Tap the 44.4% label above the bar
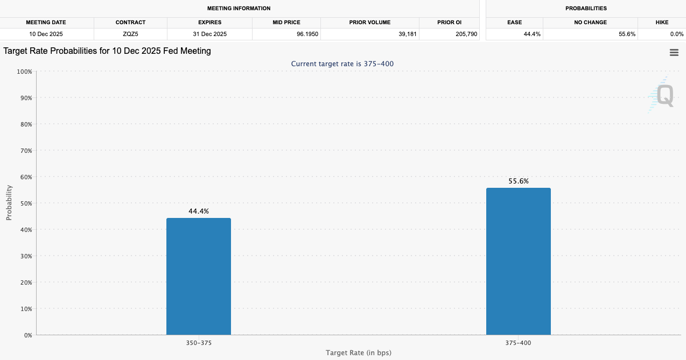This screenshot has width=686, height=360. pyautogui.click(x=199, y=211)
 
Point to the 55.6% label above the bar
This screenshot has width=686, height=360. pyautogui.click(x=519, y=181)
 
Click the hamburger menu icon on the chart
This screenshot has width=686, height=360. pyautogui.click(x=674, y=52)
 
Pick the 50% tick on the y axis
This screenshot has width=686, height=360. pyautogui.click(x=25, y=203)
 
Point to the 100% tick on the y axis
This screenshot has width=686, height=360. pyautogui.click(x=24, y=72)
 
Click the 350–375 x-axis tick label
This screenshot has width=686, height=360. pyautogui.click(x=199, y=343)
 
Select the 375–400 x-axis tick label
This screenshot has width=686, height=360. pyautogui.click(x=519, y=343)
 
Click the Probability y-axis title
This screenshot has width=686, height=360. pyautogui.click(x=9, y=203)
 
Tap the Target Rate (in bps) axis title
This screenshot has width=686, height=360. pyautogui.click(x=358, y=353)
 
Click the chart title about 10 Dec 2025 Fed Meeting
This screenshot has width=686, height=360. pyautogui.click(x=107, y=51)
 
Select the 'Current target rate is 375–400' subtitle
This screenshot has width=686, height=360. pyautogui.click(x=342, y=63)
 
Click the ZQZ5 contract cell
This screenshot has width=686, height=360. pyautogui.click(x=130, y=34)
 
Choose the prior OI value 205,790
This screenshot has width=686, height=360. pyautogui.click(x=466, y=34)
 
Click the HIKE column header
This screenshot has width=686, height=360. pyautogui.click(x=662, y=23)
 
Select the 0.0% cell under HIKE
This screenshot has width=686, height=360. pyautogui.click(x=676, y=34)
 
